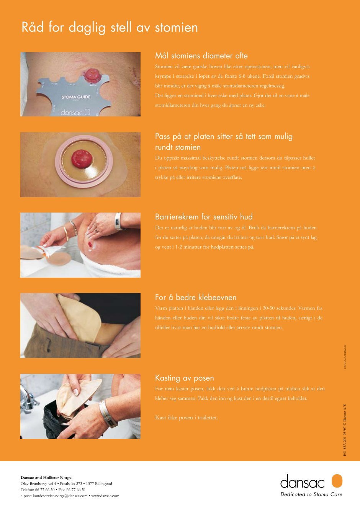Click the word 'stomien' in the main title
click(x=177, y=28)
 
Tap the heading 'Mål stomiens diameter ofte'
click(x=201, y=56)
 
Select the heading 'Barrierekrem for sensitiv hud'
click(x=204, y=216)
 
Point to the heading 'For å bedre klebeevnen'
click(x=196, y=297)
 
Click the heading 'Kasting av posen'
click(x=185, y=378)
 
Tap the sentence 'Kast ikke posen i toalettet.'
click(x=187, y=417)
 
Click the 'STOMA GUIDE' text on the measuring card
click(x=76, y=97)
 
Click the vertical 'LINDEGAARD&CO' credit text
click(x=345, y=357)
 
